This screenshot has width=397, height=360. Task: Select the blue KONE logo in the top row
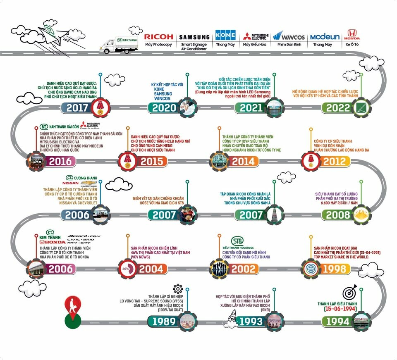coord(225,35)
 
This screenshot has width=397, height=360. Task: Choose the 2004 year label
coord(151,269)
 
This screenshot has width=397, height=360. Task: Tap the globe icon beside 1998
coord(311,269)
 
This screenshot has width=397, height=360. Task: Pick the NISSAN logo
coord(70,183)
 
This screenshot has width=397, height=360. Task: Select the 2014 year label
coord(243,161)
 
